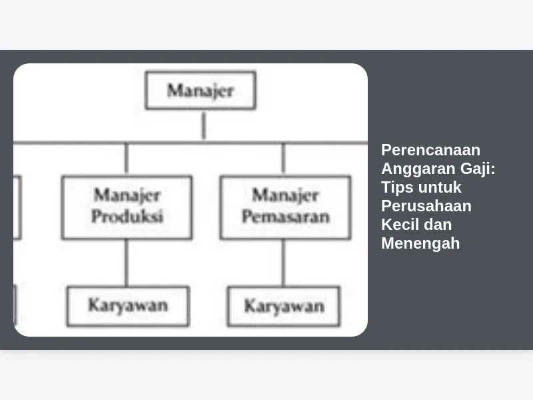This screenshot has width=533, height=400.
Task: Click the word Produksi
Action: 127,216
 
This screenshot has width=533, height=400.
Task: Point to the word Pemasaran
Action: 286,217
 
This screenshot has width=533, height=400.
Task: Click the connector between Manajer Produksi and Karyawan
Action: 127,263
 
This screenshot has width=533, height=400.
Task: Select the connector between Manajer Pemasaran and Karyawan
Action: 284,263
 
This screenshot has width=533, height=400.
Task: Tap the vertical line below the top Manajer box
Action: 204,125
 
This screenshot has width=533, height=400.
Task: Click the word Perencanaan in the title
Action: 430,150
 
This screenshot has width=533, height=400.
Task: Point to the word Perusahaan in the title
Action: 426,206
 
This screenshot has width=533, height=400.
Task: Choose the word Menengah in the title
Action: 420,244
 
